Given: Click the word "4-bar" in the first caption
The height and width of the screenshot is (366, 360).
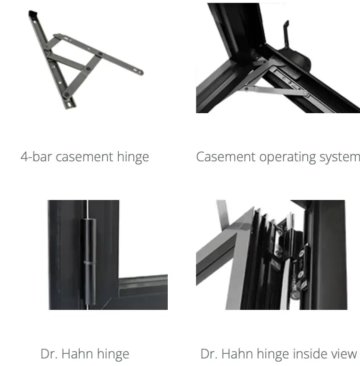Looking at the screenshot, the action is (36, 157).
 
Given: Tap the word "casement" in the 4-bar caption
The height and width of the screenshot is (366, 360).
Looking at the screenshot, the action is (85, 157).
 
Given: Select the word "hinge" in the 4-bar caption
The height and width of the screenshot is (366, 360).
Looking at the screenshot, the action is (133, 157).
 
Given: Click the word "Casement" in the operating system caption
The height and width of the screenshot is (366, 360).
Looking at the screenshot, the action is (226, 157).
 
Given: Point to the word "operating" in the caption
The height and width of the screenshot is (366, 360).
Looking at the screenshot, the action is (287, 158).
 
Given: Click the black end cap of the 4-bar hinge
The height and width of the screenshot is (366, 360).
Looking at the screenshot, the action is (33, 13).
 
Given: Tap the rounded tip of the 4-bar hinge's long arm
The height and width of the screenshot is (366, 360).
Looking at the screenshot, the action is (140, 72).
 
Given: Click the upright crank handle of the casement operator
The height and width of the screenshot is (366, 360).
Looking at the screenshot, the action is (286, 34).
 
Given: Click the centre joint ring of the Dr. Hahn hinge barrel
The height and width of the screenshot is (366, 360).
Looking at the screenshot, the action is (90, 262).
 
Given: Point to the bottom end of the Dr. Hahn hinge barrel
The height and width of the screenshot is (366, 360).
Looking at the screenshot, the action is (90, 302).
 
